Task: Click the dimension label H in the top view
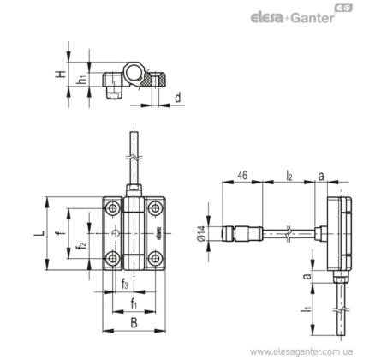pyautogui.click(x=61, y=74)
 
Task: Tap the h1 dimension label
pyautogui.click(x=82, y=79)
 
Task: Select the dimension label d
pyautogui.click(x=178, y=98)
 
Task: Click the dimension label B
pyautogui.click(x=134, y=323)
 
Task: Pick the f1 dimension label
pyautogui.click(x=134, y=303)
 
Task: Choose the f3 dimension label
pyautogui.click(x=125, y=285)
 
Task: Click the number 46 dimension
pyautogui.click(x=242, y=175)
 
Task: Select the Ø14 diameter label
pyautogui.click(x=201, y=233)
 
